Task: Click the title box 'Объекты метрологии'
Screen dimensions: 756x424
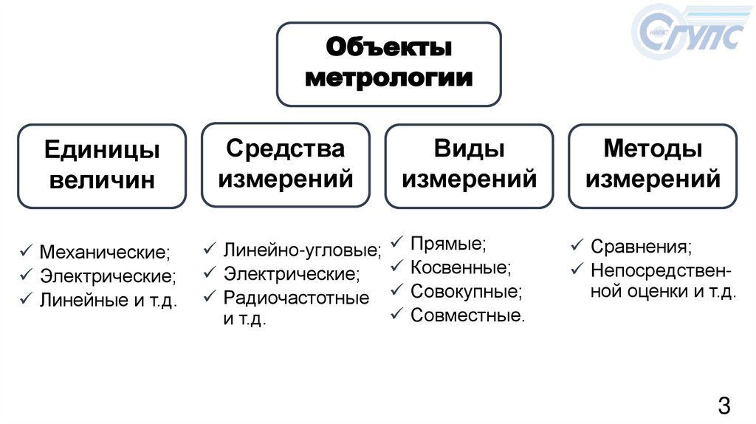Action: (388, 64)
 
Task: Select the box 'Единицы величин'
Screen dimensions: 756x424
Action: (102, 165)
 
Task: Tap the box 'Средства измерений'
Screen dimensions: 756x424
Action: (285, 164)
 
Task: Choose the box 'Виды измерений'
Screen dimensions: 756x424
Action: (469, 164)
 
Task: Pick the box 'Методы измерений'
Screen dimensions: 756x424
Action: (652, 164)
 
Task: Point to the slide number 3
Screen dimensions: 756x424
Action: (724, 405)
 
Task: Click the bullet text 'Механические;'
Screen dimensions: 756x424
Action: (105, 253)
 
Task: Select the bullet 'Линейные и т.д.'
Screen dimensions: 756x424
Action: (109, 301)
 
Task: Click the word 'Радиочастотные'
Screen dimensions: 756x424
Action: (297, 298)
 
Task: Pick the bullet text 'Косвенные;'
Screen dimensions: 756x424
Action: (461, 267)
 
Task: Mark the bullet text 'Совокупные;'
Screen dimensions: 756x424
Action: (466, 292)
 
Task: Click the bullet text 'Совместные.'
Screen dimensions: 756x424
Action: (468, 316)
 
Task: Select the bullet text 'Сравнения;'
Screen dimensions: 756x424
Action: (641, 246)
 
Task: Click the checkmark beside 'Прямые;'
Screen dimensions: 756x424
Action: (396, 242)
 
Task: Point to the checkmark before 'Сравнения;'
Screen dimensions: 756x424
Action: (577, 245)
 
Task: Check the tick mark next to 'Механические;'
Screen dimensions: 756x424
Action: (26, 252)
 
